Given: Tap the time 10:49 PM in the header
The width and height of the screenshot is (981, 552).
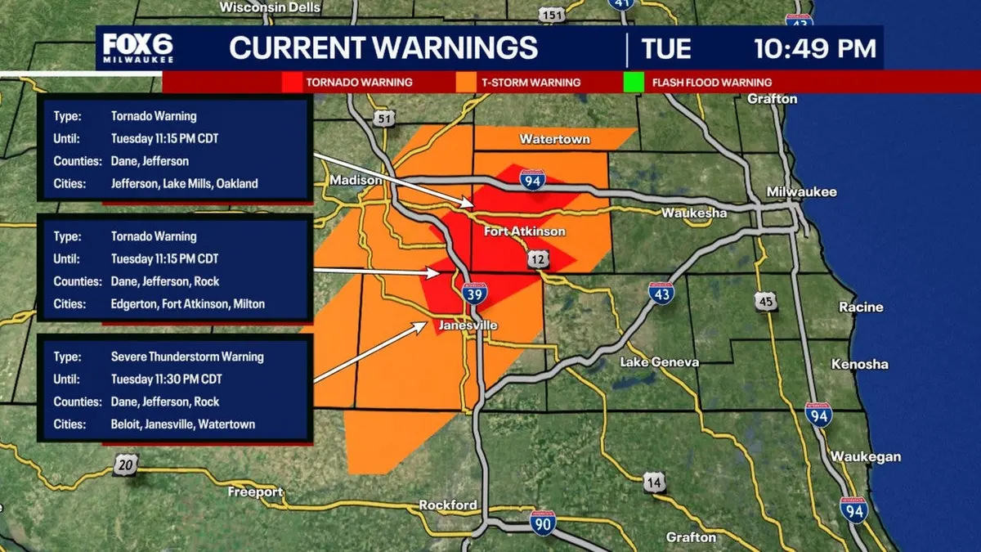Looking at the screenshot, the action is coord(814,48).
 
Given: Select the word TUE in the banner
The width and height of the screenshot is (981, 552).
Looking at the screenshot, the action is coord(666,48).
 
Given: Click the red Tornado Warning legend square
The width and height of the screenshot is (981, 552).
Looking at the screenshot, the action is coord(291,83).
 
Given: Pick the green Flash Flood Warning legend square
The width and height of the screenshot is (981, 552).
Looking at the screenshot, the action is coord(633,83).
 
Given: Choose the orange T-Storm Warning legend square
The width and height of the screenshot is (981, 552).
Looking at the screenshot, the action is coord(467,83).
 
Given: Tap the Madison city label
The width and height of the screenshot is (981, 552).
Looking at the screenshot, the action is coord(356,180).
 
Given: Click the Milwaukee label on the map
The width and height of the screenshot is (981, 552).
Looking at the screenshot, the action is coord(801,191).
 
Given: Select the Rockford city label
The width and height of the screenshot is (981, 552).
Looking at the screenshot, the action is coord(447,505).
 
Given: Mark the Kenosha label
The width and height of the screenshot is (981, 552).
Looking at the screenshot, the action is coord(859,364).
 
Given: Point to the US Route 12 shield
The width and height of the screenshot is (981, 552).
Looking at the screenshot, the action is coord(538,259).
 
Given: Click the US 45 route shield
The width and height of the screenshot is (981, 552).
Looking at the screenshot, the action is coord(765,303).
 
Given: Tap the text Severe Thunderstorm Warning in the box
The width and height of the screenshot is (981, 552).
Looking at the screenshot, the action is coord(187,357).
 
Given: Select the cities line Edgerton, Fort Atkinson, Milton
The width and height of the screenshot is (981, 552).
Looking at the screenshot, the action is coord(187,303).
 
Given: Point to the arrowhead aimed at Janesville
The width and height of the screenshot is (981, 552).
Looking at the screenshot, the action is coord(423,325).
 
